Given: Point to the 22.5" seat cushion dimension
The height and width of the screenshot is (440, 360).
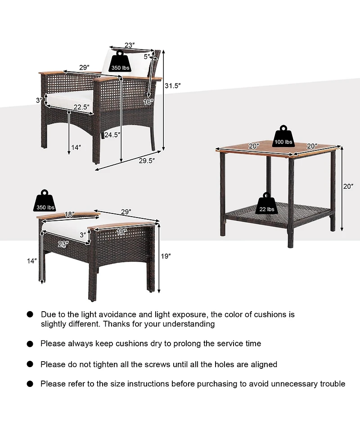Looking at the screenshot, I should click(x=81, y=107).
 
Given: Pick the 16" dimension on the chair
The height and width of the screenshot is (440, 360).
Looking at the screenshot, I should click(x=149, y=102).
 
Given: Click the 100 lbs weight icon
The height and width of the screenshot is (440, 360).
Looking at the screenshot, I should click(x=283, y=137).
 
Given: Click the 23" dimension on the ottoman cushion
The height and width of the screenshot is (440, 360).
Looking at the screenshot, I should click(x=63, y=245).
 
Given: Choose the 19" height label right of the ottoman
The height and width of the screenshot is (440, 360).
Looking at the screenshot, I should click(x=166, y=256).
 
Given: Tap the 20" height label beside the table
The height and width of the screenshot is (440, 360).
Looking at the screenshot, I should click(x=348, y=186).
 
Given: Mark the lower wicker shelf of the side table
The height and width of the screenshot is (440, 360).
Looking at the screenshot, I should click(x=279, y=211).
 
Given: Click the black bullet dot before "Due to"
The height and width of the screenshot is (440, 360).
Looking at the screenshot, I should click(x=30, y=314).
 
